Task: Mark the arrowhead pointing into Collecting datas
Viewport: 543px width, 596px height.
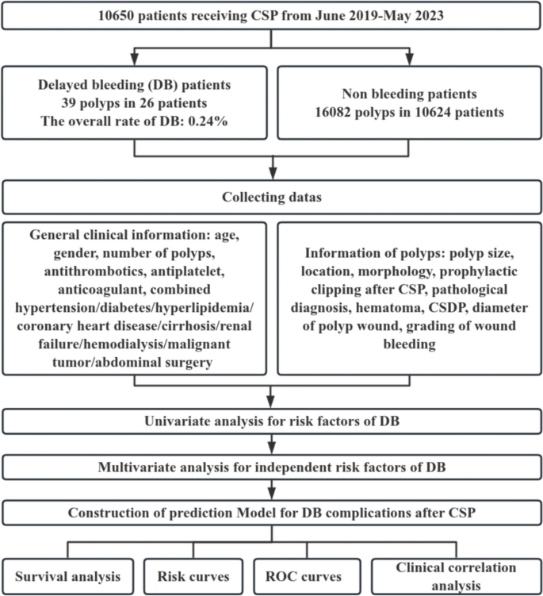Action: point(272,177)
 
